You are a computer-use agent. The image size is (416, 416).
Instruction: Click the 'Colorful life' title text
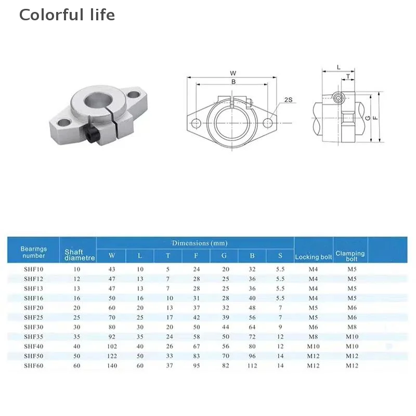tap(67, 15)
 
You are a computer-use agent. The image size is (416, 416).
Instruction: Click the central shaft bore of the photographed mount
tap(98, 101)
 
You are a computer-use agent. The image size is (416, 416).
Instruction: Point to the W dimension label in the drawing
tap(233, 73)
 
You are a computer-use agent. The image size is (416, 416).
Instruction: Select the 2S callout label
tap(288, 100)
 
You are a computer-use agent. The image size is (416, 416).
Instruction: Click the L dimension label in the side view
tap(339, 68)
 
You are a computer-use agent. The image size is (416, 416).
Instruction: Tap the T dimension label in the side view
tap(348, 76)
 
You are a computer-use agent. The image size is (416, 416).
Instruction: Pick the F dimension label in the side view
tap(375, 118)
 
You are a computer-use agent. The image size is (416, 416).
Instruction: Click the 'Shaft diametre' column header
tap(80, 255)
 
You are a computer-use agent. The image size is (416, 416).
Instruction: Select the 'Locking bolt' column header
tap(314, 257)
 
